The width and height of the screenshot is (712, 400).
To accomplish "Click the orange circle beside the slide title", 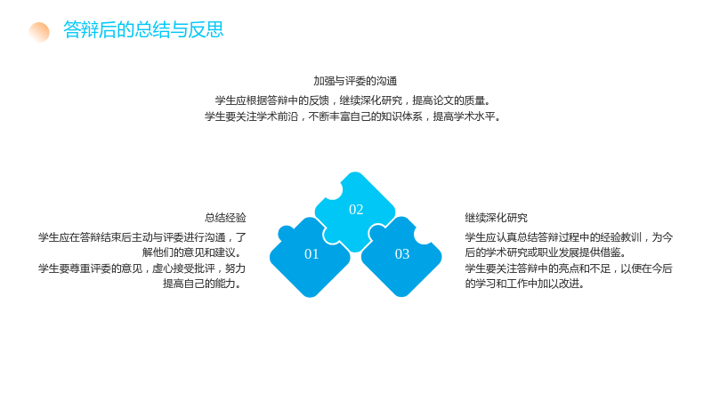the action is [x=39, y=32].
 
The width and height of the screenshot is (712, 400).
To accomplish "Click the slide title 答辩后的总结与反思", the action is [x=143, y=29].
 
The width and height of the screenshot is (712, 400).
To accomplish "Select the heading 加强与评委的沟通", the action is [x=355, y=81].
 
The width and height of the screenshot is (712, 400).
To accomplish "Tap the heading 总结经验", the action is [x=225, y=218].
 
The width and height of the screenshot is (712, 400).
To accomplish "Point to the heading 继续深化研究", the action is [x=497, y=218].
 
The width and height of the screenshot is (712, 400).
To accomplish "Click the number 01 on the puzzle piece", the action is [x=311, y=254].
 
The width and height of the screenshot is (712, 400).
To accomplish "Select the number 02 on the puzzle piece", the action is [x=356, y=210].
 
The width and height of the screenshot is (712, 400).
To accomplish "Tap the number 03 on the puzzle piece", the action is [x=402, y=254].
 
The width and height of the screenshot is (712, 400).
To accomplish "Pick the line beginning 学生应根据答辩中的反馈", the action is [x=352, y=100].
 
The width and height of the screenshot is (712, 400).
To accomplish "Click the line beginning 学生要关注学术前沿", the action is [x=352, y=116].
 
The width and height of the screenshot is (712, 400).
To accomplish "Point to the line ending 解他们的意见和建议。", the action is [x=194, y=252].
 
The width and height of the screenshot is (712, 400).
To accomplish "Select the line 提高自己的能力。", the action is [x=205, y=284].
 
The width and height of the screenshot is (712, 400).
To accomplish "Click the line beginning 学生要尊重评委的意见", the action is [x=142, y=268].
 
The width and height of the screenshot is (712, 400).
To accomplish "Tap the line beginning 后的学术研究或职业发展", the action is [x=546, y=252].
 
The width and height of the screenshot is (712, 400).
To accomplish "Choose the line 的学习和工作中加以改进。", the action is [x=524, y=284].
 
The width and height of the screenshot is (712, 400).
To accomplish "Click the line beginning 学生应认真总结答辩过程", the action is [x=569, y=237].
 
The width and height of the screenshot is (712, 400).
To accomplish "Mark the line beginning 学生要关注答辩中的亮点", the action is [x=569, y=268].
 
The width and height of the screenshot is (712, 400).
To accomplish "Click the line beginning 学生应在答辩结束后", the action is [x=142, y=237].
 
